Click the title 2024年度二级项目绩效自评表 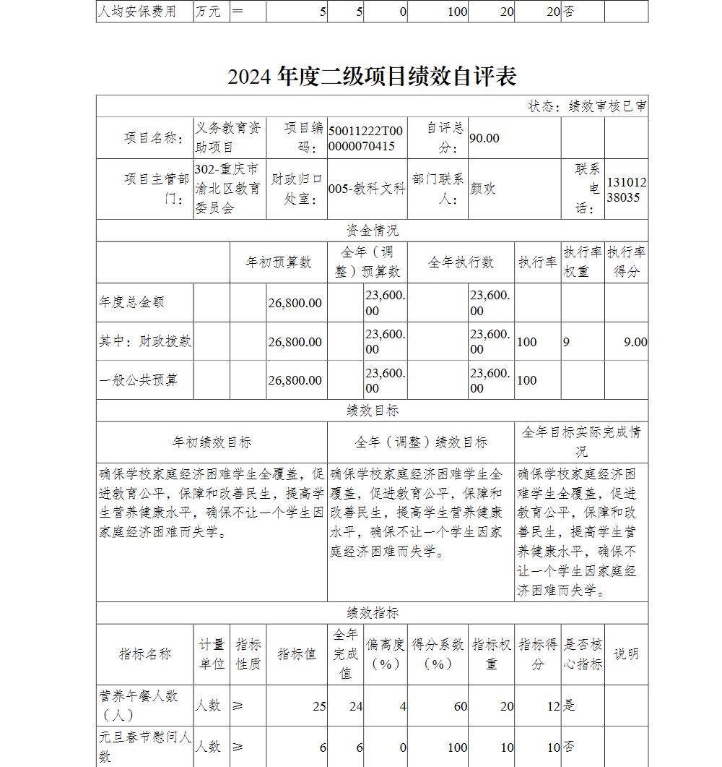point(372,77)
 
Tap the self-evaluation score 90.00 point(484,138)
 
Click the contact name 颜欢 point(483,189)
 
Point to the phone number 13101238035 point(626,189)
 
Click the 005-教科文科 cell point(367,189)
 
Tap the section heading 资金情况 point(372,231)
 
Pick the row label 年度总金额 point(131,303)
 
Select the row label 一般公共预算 point(138,380)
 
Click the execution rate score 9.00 point(635,342)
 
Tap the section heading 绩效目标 point(372,411)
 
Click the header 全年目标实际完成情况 point(581,442)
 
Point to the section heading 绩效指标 point(372,613)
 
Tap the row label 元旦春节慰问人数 point(144,747)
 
